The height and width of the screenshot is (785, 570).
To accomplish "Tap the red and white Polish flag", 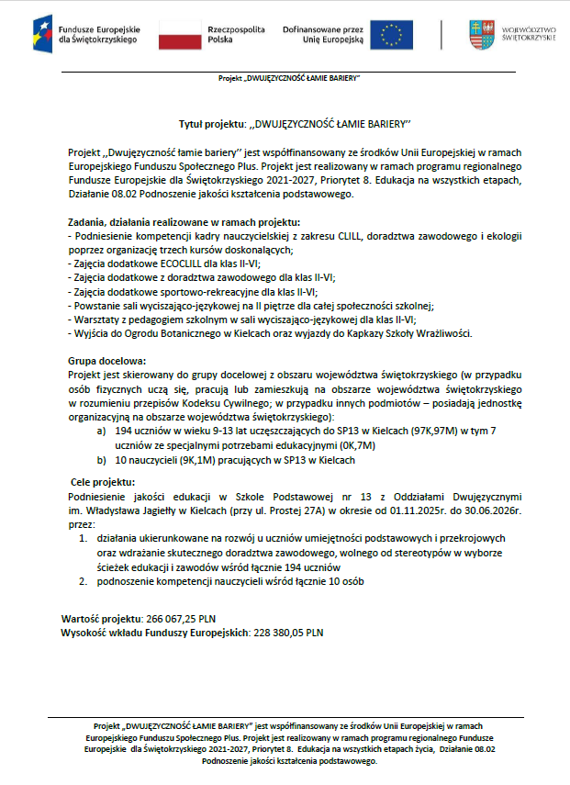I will tap(180, 34).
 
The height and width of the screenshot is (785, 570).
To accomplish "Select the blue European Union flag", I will tap(392, 34).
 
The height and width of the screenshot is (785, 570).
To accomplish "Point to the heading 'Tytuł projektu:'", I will tap(212, 122).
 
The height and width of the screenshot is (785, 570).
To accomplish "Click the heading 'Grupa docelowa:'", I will tap(107, 362).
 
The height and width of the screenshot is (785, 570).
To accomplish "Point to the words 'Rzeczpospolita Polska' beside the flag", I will tap(234, 34).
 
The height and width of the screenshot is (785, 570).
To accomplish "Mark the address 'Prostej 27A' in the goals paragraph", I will tap(322, 508).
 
